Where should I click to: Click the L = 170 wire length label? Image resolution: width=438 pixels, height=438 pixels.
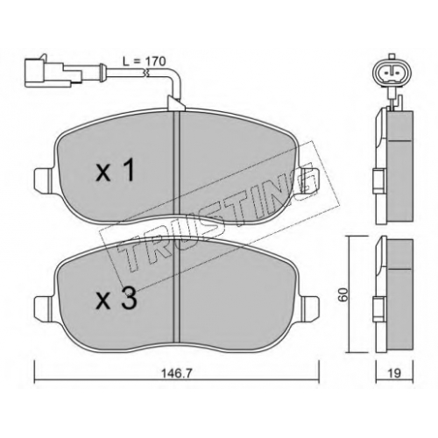coord(145,61)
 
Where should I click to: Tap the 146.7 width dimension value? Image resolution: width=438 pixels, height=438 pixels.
coord(177,373)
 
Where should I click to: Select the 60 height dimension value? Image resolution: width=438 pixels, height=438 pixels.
coord(343,294)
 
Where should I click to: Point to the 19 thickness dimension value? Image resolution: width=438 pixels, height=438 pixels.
coord(394,373)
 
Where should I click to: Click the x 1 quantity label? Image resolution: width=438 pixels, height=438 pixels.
coord(116,170)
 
